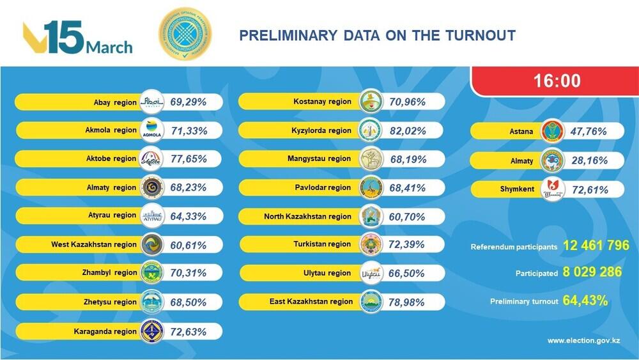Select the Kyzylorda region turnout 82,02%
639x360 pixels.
409,130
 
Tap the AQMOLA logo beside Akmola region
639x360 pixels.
151,130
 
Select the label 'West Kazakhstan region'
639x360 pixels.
94,244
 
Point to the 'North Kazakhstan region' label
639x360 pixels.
307,217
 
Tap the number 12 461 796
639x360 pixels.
596,246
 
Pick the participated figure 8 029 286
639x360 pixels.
592,272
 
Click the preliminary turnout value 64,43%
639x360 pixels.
585,300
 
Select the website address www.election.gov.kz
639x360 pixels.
583,340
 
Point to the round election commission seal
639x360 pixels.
186,35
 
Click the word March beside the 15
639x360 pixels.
109,47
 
